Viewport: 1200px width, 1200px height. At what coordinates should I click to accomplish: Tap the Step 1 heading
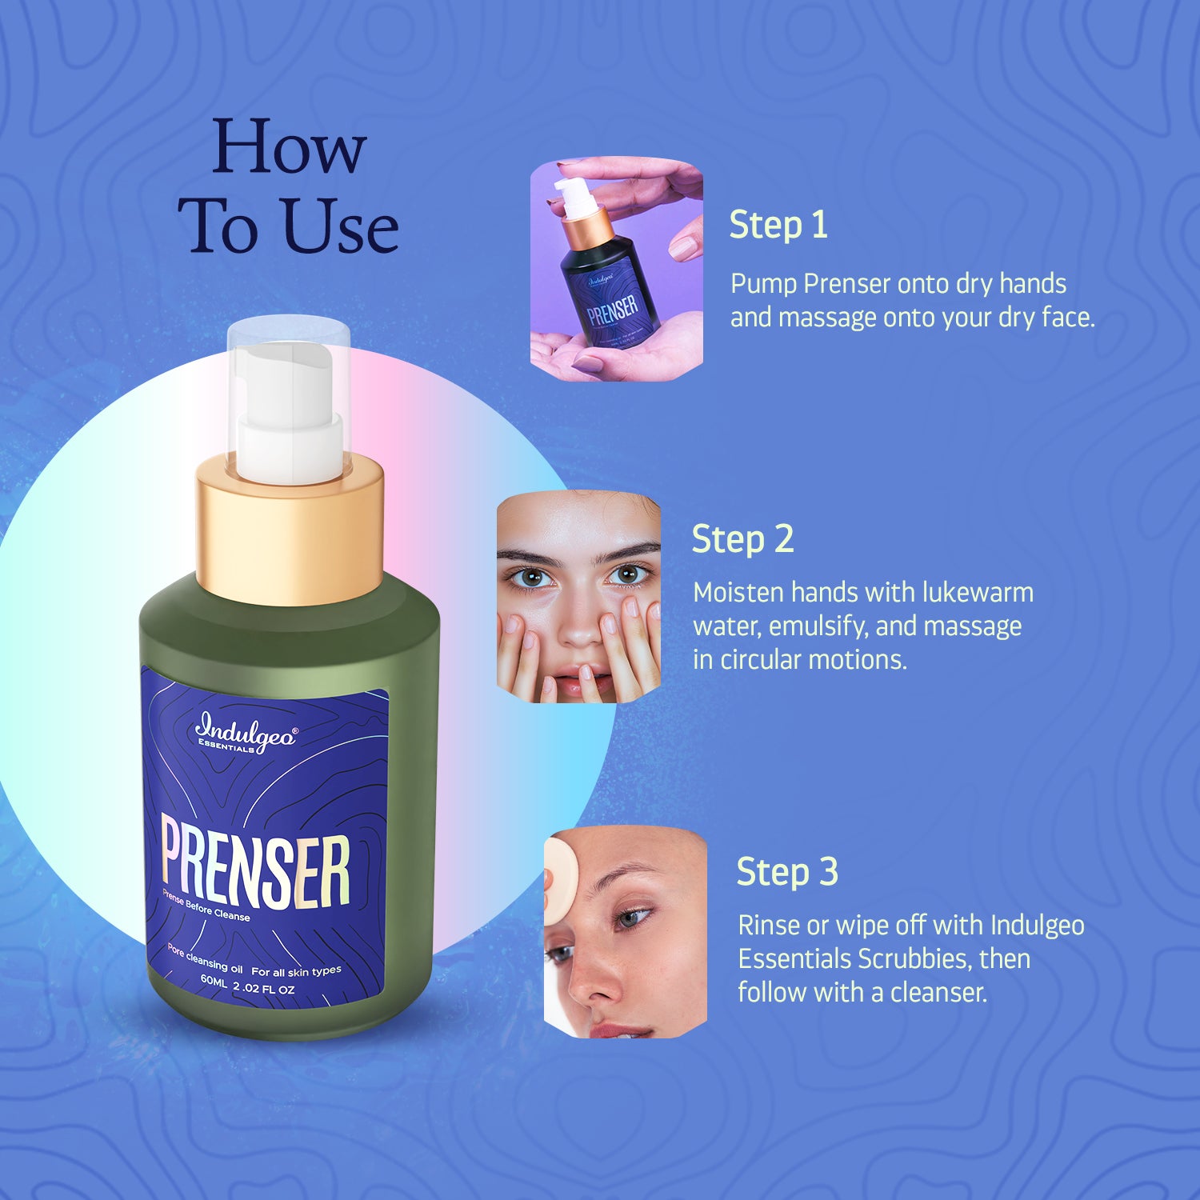click(x=778, y=225)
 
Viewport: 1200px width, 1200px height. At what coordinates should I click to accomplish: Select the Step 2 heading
click(x=742, y=539)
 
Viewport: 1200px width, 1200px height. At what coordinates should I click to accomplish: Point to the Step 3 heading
click(x=787, y=872)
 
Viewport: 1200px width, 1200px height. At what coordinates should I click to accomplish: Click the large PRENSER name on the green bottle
click(x=256, y=867)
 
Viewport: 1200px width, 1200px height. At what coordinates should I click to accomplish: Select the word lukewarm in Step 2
click(x=978, y=593)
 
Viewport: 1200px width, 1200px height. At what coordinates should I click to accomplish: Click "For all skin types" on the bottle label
click(x=296, y=971)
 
